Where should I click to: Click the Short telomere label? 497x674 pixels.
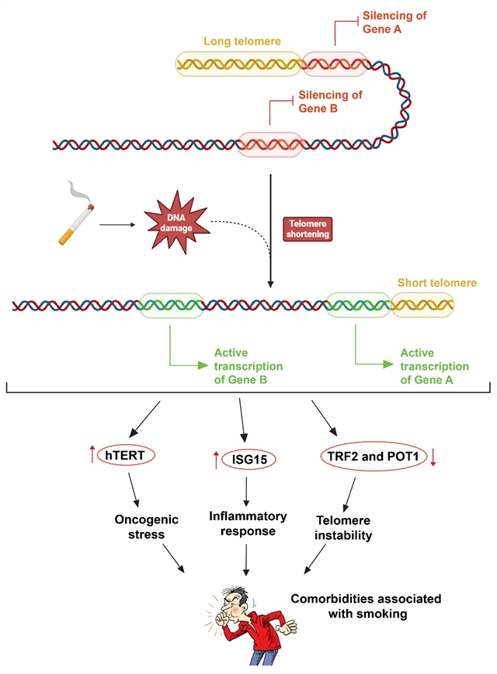[x=436, y=283]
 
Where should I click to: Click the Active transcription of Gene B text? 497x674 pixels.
[x=248, y=366]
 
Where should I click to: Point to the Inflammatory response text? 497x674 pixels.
[x=248, y=523]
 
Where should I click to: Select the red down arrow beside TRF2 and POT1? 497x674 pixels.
[x=433, y=457]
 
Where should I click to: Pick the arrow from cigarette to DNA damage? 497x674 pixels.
[x=116, y=224]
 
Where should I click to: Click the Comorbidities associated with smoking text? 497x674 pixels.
[x=366, y=606]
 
